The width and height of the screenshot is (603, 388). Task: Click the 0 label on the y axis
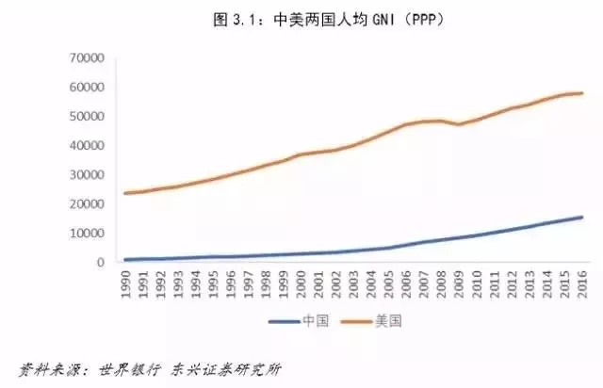98,263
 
